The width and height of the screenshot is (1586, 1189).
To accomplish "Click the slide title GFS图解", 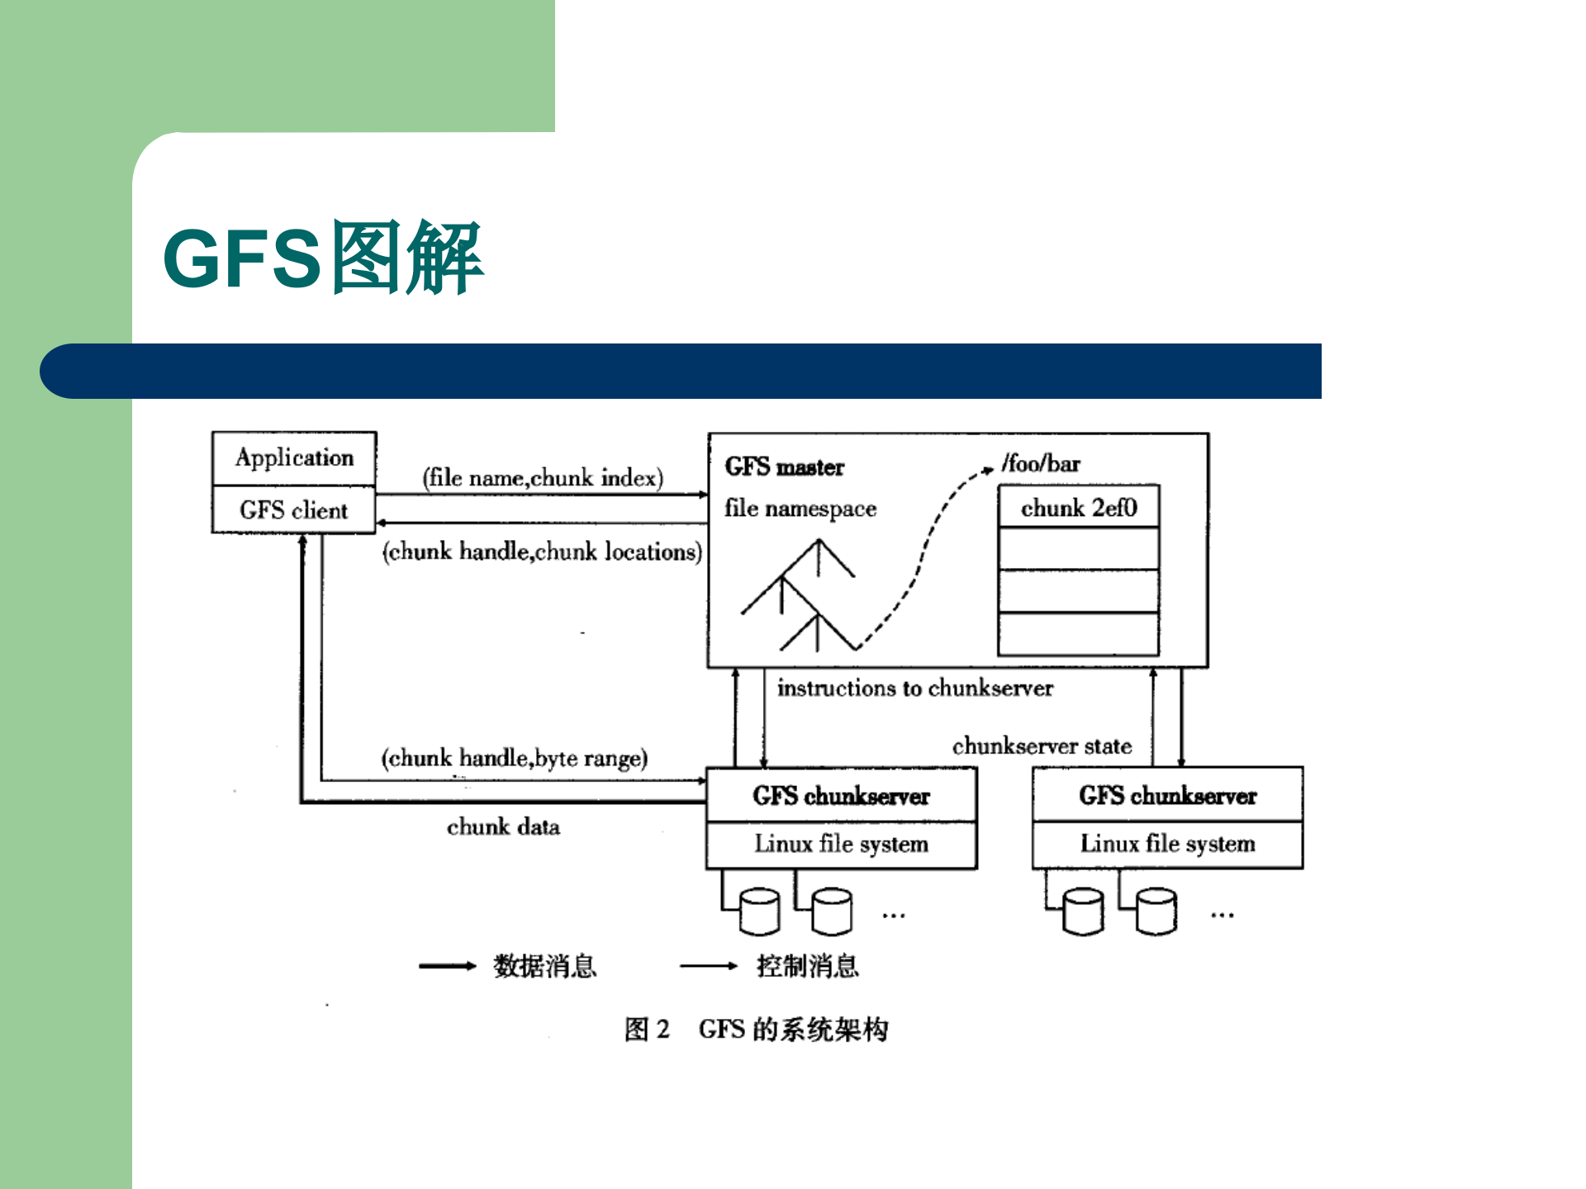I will coord(323,258).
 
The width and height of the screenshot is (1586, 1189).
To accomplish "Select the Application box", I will coord(294,457).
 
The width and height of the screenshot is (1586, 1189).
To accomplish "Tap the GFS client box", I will coord(294,509).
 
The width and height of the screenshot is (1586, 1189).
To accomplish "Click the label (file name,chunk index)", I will coord(543,477).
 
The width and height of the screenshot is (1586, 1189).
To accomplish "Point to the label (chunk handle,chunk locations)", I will coord(542,551).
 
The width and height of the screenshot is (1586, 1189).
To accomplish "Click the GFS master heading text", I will coord(784,467).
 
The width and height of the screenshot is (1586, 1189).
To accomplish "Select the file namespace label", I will coord(800,508).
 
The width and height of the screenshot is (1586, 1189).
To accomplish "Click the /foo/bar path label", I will coord(1041,463).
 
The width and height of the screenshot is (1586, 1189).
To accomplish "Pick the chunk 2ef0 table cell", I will coord(1079,507).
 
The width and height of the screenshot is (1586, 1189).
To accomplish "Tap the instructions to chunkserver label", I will coord(915,688).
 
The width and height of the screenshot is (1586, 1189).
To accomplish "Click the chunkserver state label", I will coord(1042,746).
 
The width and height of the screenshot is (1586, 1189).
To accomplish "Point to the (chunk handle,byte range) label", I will coord(514,757).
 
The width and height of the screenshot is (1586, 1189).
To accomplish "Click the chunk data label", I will coord(503,827).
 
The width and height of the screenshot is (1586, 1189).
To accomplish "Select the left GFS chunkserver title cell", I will coord(841,795).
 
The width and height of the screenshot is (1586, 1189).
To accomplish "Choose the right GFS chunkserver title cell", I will coord(1167,795).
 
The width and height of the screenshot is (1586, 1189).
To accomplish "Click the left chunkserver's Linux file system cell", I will coord(841,844).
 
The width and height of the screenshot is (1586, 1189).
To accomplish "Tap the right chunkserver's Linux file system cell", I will coord(1167,844).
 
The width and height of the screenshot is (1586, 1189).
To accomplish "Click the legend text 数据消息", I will coord(545,965).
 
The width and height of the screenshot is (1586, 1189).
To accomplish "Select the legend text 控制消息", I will coord(808,965).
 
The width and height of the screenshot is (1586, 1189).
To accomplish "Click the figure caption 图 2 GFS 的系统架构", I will coord(756,1029).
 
